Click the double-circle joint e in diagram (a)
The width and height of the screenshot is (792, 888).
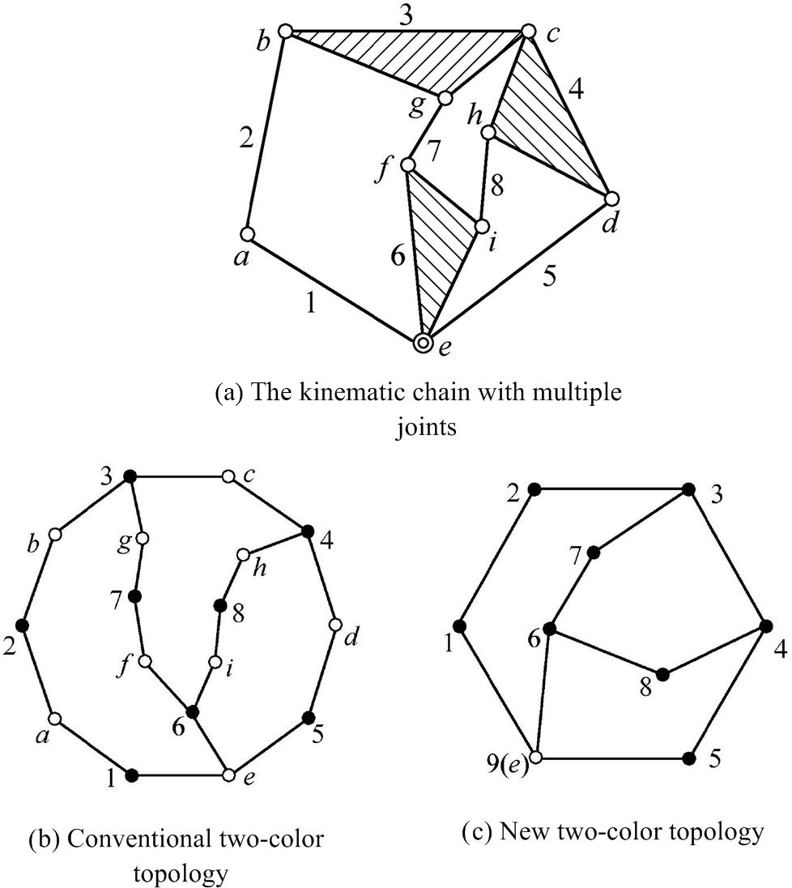422,344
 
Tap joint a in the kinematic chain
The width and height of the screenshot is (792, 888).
248,234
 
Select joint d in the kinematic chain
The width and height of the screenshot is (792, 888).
611,199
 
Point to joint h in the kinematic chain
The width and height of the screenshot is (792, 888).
488,131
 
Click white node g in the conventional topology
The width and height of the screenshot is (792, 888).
143,538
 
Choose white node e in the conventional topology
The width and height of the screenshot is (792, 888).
229,776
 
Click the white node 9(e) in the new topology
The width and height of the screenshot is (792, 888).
534,758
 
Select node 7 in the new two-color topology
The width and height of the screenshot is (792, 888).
594,553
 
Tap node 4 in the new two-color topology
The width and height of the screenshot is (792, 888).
764,625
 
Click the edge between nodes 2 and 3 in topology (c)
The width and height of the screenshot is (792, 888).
611,489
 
